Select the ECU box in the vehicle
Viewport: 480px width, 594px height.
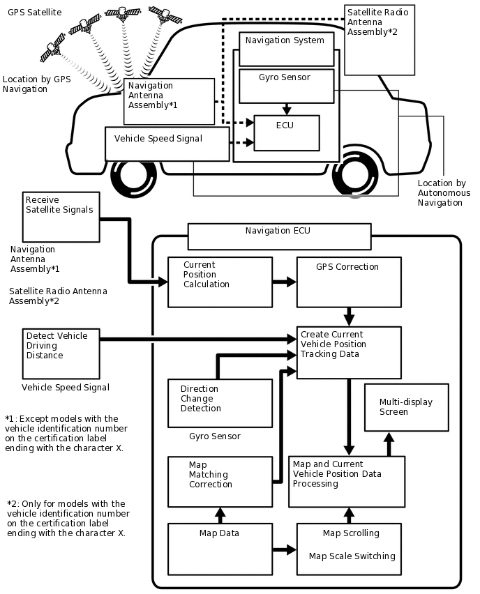pyautogui.click(x=286, y=132)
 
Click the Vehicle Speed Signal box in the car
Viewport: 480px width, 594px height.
pyautogui.click(x=167, y=144)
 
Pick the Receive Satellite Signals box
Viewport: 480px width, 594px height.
pyautogui.click(x=61, y=216)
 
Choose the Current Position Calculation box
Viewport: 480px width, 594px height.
pyautogui.click(x=220, y=282)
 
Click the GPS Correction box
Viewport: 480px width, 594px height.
pyautogui.click(x=349, y=282)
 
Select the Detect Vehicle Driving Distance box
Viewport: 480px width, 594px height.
pyautogui.click(x=61, y=353)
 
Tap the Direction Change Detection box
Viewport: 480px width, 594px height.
pyautogui.click(x=220, y=403)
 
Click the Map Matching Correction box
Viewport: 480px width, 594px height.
pyautogui.click(x=220, y=482)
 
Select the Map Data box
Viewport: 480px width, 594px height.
pyautogui.click(x=220, y=549)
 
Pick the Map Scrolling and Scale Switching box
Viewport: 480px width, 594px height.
pyautogui.click(x=349, y=549)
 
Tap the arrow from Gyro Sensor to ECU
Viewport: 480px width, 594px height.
pyautogui.click(x=285, y=109)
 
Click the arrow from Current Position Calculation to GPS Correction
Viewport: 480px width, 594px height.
pyautogui.click(x=284, y=282)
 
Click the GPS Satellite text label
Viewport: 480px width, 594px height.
pyautogui.click(x=35, y=13)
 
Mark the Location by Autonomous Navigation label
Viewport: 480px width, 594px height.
pyautogui.click(x=444, y=193)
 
